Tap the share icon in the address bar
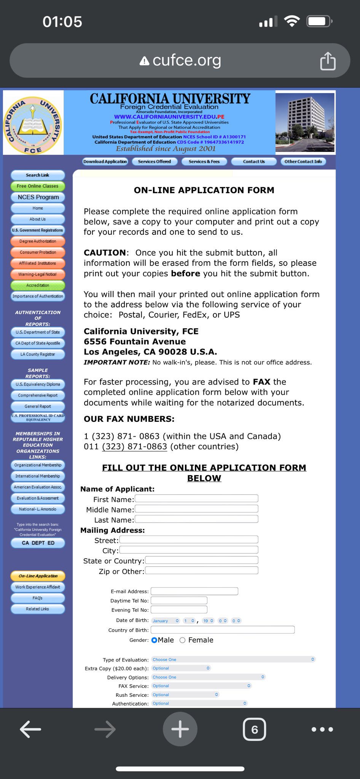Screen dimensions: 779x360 328,61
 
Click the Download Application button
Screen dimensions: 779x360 105,162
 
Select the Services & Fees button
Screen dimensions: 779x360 204,162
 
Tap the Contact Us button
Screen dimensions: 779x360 254,162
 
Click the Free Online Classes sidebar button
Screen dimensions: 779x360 38,186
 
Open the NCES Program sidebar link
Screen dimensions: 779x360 38,197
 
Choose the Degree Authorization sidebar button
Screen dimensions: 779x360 38,241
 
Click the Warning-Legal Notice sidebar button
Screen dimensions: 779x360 38,274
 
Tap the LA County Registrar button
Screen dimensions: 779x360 38,354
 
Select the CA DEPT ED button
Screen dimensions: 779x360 38,543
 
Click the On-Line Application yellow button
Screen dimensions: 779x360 38,576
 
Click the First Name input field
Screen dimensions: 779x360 196,498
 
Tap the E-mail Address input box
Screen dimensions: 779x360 194,591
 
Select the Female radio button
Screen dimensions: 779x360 183,640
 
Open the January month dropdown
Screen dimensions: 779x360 166,621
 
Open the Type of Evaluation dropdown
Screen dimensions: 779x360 233,660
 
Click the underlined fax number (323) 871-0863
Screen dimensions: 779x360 134,447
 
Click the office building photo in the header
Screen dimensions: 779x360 305,122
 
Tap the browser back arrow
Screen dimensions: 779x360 30,729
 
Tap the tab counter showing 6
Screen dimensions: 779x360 254,729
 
